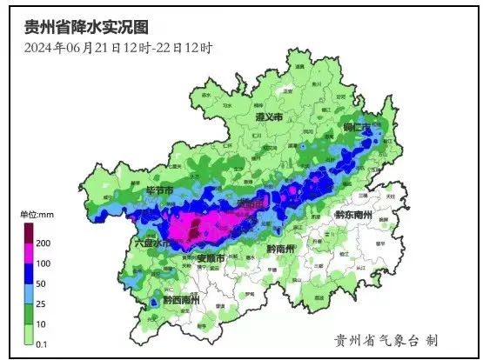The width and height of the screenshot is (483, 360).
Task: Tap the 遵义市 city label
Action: [269, 117]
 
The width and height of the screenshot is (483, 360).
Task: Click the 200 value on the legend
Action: [43, 243]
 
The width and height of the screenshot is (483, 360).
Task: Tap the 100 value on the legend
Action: [43, 263]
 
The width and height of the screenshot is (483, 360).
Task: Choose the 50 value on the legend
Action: [41, 283]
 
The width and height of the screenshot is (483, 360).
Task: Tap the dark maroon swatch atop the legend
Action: [28, 232]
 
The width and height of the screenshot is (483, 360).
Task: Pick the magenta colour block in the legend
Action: [28, 253]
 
